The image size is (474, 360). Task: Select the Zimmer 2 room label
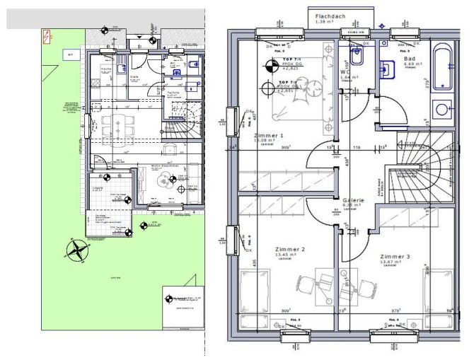pyautogui.click(x=289, y=250)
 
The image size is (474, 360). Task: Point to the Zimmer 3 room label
pyautogui.click(x=394, y=256)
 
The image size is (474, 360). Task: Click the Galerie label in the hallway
pyautogui.click(x=353, y=200)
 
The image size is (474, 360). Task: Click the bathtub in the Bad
pyautogui.click(x=443, y=69)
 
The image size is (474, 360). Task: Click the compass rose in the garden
pyautogui.click(x=77, y=249)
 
